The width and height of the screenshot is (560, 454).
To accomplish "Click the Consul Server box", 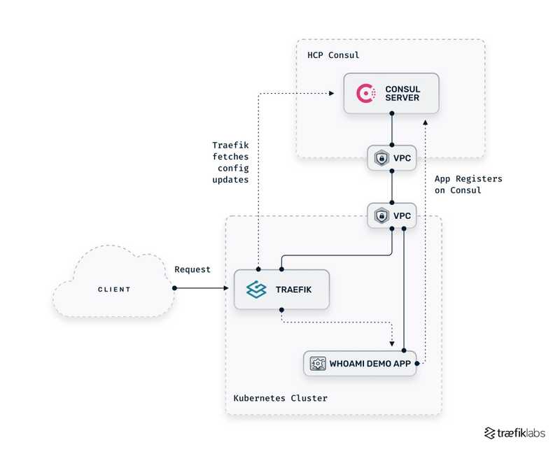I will (391, 94).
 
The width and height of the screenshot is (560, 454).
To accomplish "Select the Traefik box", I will (281, 289).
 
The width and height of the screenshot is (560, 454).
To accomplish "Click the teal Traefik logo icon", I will (256, 289).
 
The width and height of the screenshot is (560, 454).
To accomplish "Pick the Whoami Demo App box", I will (360, 363).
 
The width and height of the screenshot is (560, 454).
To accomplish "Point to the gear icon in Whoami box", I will (317, 363).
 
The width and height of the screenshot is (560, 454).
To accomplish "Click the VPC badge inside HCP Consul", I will (393, 159).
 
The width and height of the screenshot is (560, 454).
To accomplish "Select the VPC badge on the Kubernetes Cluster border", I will (393, 215).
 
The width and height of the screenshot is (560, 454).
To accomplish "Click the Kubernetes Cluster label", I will (280, 398).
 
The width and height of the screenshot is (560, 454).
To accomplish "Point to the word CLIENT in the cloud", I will (113, 289).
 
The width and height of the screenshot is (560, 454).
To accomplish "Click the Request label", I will (192, 269).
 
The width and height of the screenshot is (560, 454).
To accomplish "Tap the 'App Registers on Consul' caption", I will (468, 185).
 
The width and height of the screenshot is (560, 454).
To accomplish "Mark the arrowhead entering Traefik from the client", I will (230, 288).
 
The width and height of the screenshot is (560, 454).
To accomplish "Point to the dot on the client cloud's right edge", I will (172, 288).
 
